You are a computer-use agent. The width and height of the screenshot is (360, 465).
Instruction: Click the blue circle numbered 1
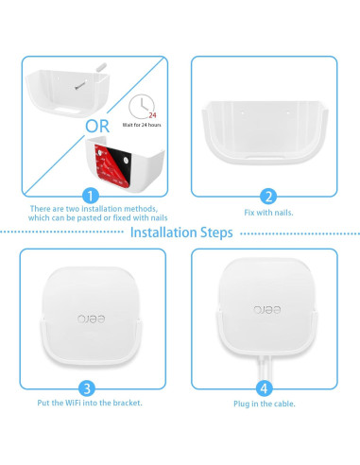tap(91, 196)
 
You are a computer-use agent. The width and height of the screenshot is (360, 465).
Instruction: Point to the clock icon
tap(143, 106)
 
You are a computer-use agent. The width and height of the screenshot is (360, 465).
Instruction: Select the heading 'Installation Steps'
tap(180, 232)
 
